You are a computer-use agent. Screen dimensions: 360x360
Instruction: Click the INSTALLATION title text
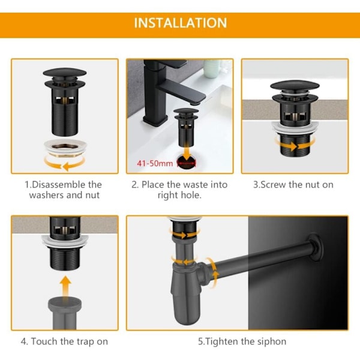point(181,23)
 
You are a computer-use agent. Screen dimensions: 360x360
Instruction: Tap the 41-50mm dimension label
point(155,163)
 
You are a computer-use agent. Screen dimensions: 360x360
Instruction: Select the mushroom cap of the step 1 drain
point(65,73)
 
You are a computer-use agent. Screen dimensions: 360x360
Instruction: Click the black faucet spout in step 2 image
point(181,90)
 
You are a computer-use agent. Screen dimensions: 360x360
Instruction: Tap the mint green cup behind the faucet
point(212,68)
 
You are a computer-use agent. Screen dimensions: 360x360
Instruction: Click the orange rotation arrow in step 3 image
point(295,146)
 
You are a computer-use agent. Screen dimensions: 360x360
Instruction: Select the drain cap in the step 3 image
point(295,85)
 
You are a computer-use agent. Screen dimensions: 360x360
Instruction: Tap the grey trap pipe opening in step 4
point(65,301)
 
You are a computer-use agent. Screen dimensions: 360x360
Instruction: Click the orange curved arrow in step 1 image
point(65,164)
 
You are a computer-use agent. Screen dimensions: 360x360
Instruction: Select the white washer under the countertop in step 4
point(65,241)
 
